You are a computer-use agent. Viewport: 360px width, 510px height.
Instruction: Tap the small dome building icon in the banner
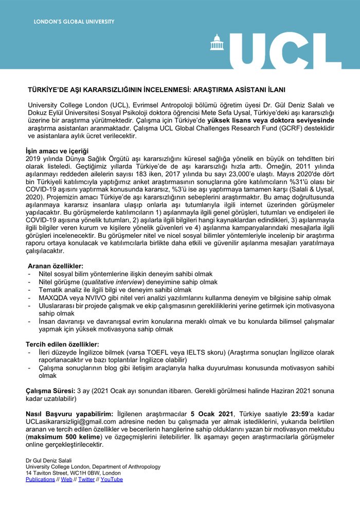point(217,43)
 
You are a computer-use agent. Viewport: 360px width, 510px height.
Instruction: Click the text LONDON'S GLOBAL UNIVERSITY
point(74,22)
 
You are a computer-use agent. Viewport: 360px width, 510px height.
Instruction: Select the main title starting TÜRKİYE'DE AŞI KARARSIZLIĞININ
point(156,89)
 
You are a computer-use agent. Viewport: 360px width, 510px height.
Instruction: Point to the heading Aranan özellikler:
point(55,266)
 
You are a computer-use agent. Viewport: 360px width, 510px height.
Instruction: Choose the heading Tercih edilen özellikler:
point(62,344)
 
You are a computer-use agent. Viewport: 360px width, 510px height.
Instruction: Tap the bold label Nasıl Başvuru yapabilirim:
point(69,414)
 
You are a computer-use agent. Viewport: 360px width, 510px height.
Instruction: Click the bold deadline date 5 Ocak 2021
point(212,414)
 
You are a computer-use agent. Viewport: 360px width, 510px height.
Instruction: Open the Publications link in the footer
point(40,479)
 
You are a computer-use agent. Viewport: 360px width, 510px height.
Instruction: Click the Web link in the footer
point(67,479)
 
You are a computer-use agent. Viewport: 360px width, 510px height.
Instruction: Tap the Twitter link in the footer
point(86,479)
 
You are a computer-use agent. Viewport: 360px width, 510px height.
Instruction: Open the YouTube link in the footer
point(112,479)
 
